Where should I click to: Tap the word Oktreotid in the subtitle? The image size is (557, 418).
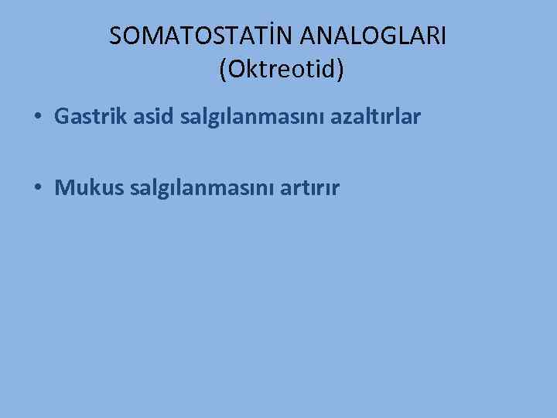(x=282, y=70)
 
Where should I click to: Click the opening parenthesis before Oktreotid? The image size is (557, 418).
(x=224, y=70)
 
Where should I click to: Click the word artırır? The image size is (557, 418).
(x=310, y=188)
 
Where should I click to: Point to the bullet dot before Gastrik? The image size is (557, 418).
(x=37, y=118)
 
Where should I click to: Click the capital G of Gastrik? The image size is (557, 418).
(x=62, y=117)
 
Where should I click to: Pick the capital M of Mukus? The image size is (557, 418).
(x=64, y=188)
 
